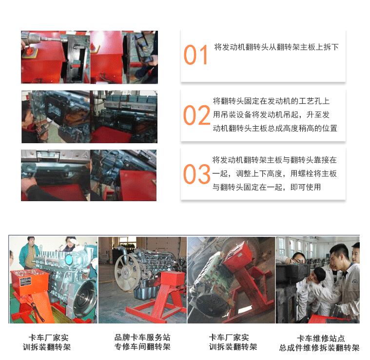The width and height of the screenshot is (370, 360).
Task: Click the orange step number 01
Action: [195, 55]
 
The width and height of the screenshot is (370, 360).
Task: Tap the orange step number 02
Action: [196, 115]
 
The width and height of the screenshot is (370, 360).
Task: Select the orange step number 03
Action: [196, 174]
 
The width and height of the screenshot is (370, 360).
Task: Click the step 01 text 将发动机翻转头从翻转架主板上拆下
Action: [276, 47]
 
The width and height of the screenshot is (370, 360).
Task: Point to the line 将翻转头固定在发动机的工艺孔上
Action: [271, 101]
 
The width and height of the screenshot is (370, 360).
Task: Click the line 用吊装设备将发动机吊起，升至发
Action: [271, 115]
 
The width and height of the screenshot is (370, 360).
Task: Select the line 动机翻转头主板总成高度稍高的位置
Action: [275, 128]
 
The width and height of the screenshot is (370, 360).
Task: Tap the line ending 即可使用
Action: [267, 187]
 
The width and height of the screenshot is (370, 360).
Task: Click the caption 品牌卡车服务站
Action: [142, 338]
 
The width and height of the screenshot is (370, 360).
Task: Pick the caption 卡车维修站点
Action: [321, 338]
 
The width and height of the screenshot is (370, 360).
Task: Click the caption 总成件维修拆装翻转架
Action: [319, 348]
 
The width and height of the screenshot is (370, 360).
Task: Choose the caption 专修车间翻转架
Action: [142, 347]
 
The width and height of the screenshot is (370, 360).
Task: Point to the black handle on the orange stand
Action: [37, 311]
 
